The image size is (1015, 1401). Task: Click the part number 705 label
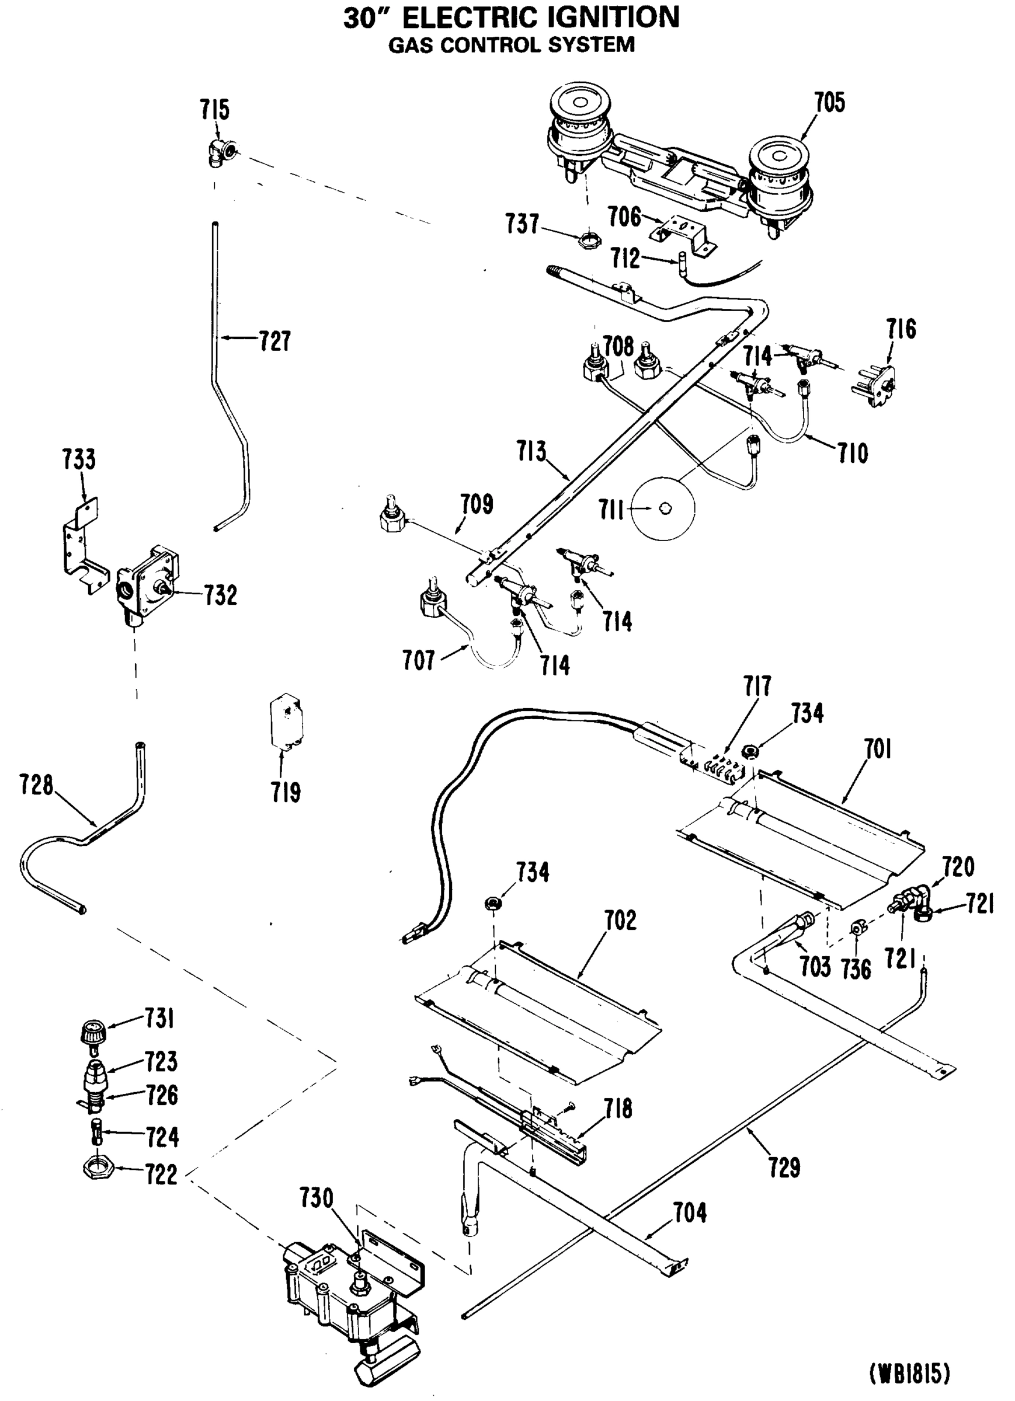click(829, 103)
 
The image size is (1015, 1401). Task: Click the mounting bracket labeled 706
click(683, 235)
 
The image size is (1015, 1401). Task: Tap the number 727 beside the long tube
click(274, 340)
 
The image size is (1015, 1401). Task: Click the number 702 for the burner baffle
click(620, 920)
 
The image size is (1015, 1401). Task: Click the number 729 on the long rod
click(784, 1167)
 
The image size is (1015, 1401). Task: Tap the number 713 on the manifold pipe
click(531, 452)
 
